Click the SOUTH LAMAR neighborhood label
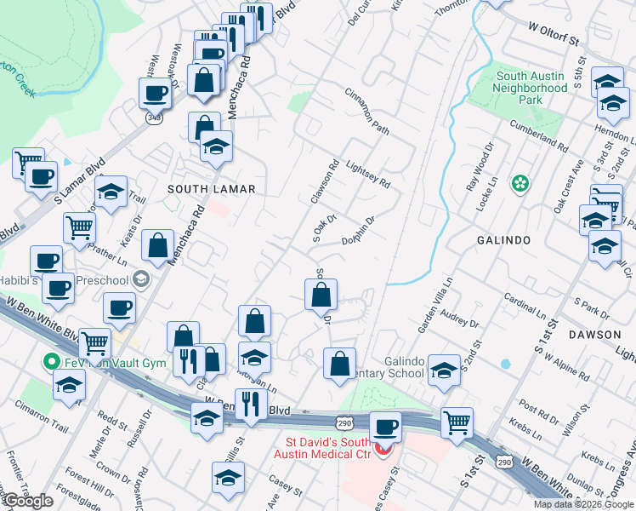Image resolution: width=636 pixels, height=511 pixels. point(200,188)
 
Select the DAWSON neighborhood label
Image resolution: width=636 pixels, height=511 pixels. point(594,335)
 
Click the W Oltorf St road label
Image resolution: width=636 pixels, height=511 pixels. point(553,40)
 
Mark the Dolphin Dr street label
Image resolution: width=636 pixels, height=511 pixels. point(359,231)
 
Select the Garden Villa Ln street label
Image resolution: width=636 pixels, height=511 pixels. point(433,304)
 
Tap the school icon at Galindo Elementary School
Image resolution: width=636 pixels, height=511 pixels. point(443,370)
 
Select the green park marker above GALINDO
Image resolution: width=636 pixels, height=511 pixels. point(518,183)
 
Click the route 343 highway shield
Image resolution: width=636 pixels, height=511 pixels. point(155,117)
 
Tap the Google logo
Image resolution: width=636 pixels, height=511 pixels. point(28,501)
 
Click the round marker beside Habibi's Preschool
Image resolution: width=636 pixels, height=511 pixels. point(141,279)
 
